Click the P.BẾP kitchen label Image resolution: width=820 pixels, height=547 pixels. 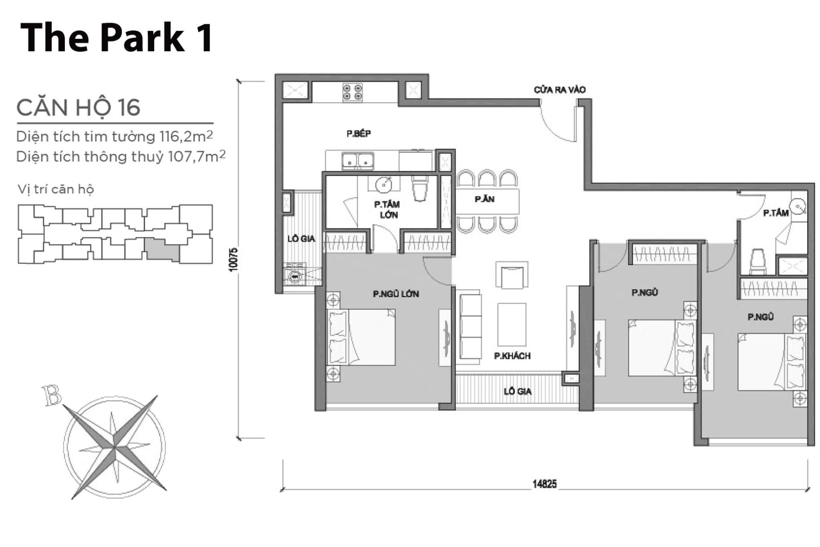click(358, 134)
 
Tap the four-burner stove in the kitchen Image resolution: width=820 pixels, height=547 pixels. click(352, 92)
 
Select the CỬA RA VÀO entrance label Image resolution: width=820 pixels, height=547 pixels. click(559, 90)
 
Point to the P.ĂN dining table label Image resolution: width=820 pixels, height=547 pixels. click(484, 199)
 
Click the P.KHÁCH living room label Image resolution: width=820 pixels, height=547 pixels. click(512, 356)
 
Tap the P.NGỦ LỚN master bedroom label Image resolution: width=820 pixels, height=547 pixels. click(395, 294)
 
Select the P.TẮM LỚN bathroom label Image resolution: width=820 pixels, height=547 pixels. click(387, 209)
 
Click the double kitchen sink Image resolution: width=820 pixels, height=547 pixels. click(357, 161)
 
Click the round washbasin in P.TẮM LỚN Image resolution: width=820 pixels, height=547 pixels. click(384, 185)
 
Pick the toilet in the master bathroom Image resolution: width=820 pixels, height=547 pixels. click(420, 190)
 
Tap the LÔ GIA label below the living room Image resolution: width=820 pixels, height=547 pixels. click(517, 391)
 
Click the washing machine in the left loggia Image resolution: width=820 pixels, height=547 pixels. click(295, 276)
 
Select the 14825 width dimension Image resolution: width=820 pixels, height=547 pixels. click(544, 484)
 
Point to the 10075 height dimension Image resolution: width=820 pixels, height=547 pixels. click(233, 259)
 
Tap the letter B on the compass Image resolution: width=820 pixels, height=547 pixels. click(52, 396)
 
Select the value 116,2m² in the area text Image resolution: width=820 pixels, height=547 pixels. click(186, 136)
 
